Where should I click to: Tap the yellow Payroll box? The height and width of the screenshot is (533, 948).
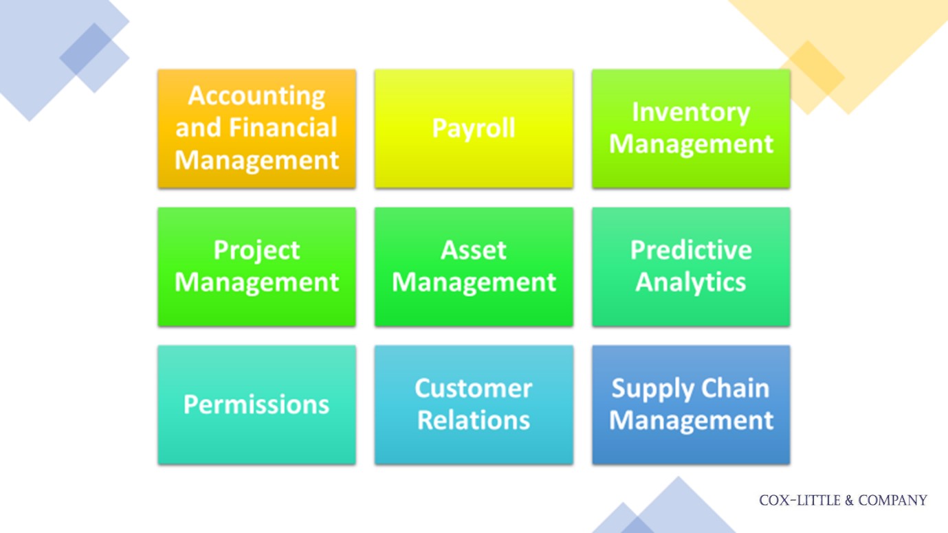pyautogui.click(x=474, y=128)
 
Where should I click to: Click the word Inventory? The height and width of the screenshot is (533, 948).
pyautogui.click(x=691, y=113)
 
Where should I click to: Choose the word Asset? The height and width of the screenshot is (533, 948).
pyautogui.click(x=474, y=250)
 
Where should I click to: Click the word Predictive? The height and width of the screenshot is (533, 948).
pyautogui.click(x=691, y=250)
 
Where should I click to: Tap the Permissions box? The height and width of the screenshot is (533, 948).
pyautogui.click(x=256, y=405)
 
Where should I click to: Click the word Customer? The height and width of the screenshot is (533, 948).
pyautogui.click(x=473, y=388)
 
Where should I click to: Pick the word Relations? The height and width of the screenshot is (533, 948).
pyautogui.click(x=474, y=420)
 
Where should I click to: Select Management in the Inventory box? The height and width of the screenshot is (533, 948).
pyautogui.click(x=691, y=145)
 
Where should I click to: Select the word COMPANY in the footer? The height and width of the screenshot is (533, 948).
pyautogui.click(x=892, y=501)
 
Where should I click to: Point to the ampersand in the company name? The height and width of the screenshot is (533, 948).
pyautogui.click(x=850, y=501)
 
